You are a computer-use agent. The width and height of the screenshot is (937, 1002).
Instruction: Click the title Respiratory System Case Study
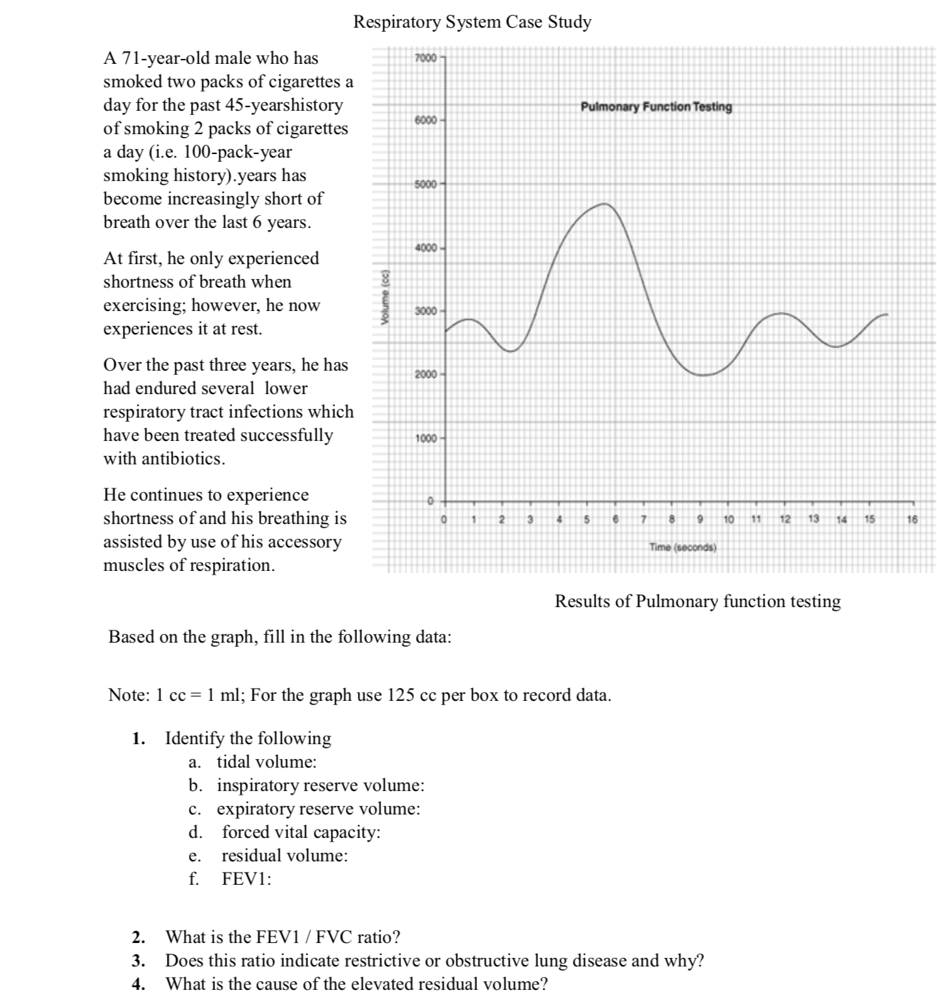472,22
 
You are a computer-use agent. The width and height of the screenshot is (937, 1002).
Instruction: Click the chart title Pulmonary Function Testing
656,107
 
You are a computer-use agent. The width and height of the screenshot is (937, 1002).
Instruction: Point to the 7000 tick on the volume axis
426,57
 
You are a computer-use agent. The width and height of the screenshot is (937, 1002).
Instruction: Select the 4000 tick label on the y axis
426,248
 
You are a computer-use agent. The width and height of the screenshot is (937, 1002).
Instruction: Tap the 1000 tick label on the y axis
426,438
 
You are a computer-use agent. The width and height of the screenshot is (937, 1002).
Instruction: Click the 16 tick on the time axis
912,520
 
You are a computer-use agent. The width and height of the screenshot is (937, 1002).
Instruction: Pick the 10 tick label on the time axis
729,520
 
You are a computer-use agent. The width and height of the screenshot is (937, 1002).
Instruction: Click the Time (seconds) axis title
683,548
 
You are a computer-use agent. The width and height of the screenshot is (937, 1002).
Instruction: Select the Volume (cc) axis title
385,298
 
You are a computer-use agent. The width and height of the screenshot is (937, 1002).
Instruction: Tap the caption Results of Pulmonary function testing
697,601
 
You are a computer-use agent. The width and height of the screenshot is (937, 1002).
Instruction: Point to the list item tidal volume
266,762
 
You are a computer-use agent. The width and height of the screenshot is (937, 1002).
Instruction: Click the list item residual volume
285,856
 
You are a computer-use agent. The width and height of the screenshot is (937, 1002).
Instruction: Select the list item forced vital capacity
301,832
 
